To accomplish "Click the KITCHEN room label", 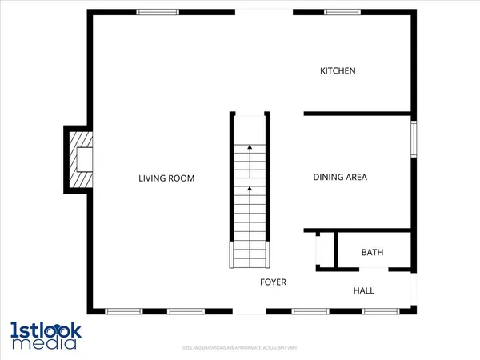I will (338, 71).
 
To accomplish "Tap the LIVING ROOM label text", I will (166, 178).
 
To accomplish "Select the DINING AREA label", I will (339, 178).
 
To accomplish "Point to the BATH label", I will (372, 253).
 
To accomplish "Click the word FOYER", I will (273, 282).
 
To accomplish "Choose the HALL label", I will (364, 290).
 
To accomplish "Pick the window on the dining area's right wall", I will (414, 138).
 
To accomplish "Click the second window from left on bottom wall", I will (186, 310).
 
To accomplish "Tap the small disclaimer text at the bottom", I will (239, 349).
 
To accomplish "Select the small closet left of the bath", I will (324, 250).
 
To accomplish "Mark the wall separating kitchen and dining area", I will (358, 113).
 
